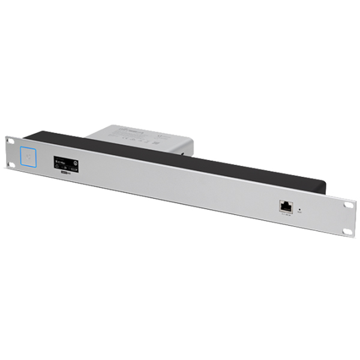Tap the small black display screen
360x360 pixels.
click(x=66, y=163)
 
